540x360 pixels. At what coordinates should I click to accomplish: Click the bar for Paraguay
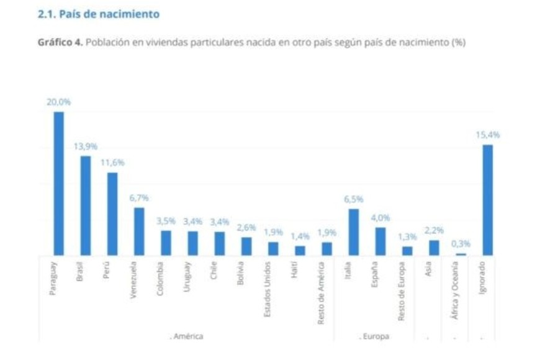59,184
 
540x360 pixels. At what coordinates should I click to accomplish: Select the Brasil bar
86,205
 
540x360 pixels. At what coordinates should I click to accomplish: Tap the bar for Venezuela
139,231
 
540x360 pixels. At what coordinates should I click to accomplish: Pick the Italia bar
353,232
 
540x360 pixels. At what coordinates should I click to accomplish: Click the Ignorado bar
487,200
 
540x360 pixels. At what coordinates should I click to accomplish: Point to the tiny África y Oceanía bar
461,254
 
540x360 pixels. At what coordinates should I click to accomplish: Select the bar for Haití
300,250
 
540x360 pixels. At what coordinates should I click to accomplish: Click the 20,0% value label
58,102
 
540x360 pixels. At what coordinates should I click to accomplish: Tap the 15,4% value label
488,135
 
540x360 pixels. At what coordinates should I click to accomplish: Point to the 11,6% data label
112,163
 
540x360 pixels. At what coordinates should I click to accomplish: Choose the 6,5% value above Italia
353,199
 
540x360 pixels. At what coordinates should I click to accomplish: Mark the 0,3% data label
461,244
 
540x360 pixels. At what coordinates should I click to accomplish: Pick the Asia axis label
433,269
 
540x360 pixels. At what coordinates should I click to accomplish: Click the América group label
186,336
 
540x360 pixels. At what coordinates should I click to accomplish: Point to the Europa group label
374,336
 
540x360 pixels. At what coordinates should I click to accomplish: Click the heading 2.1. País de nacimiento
99,13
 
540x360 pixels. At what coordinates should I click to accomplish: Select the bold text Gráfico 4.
60,42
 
